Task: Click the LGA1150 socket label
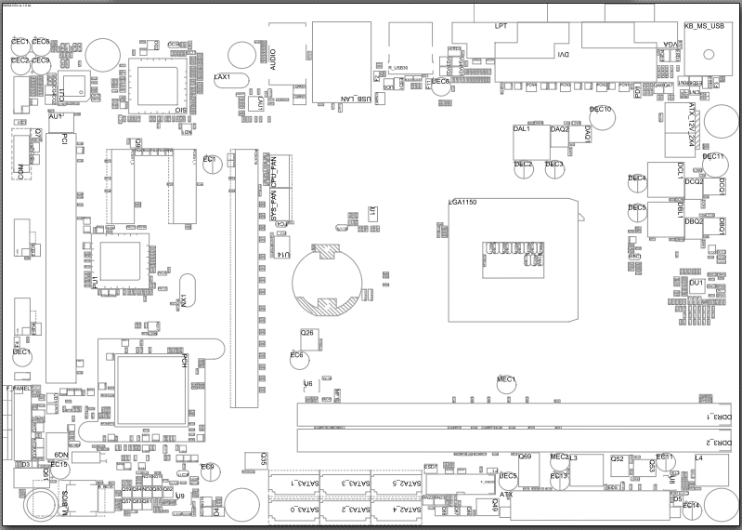tap(462, 202)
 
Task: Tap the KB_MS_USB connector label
tap(703, 27)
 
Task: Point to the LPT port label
tap(501, 26)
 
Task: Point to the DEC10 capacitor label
tap(601, 110)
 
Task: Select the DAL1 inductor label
tap(521, 129)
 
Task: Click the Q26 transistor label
tap(306, 332)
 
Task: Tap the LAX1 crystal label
tap(222, 76)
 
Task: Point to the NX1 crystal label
tap(184, 299)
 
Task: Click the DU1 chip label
tap(696, 282)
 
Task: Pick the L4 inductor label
tap(698, 458)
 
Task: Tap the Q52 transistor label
tap(618, 458)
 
